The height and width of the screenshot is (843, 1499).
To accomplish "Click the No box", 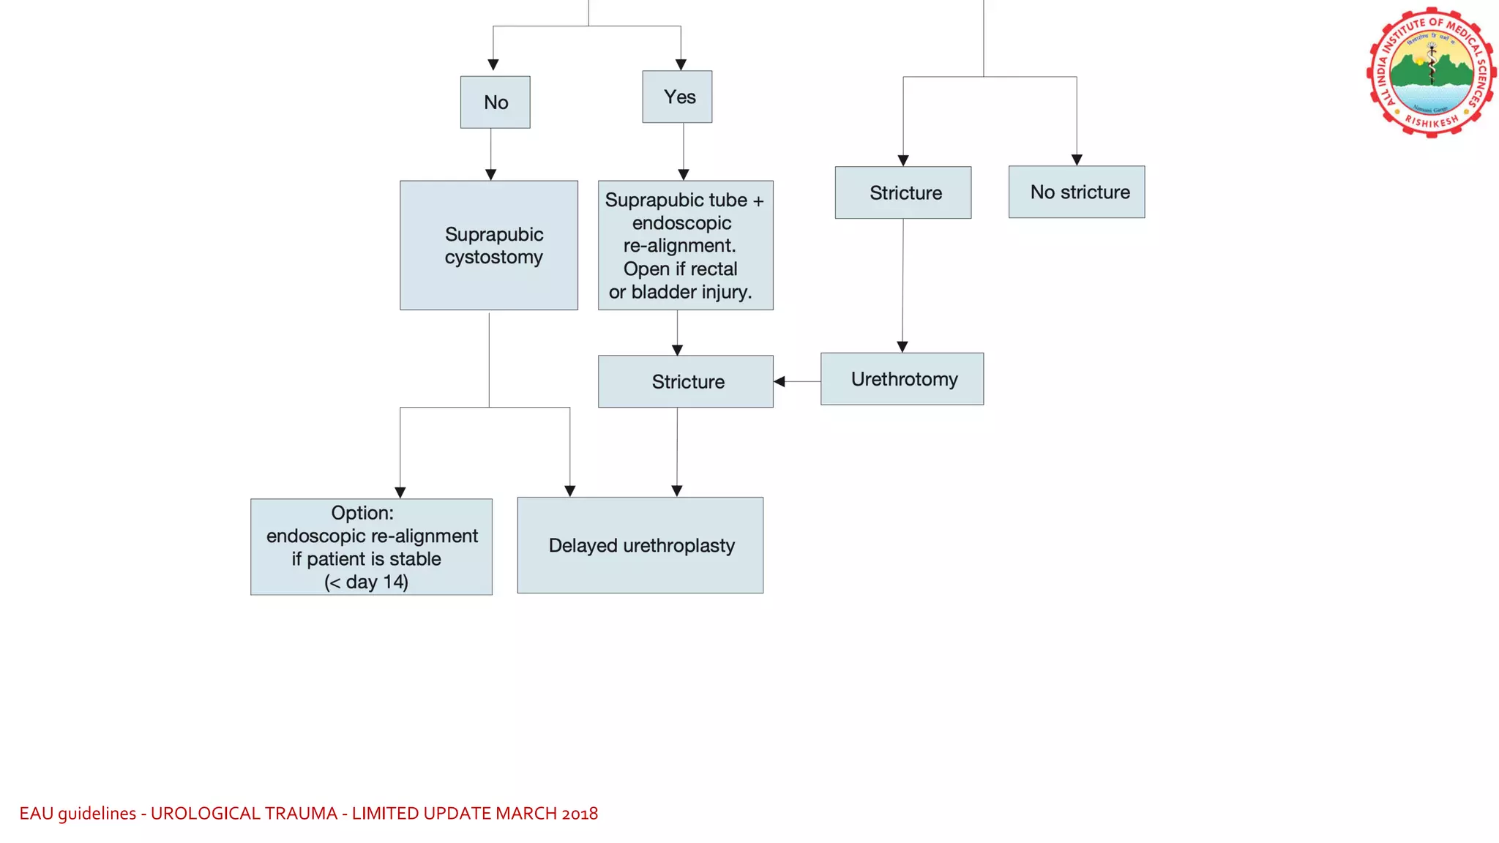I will (x=495, y=102).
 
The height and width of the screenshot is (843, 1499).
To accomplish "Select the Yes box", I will (x=677, y=97).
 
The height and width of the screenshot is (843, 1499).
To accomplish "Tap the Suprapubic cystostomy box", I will (x=488, y=245).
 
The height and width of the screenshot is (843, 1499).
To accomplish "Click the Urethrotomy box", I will (x=902, y=379).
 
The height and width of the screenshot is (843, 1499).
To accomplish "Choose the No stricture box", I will (x=1076, y=192).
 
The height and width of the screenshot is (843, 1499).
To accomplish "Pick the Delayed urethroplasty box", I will (x=640, y=545).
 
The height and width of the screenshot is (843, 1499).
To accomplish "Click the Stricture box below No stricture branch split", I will (x=902, y=192).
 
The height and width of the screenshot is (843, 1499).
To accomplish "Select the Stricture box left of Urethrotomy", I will (x=685, y=381).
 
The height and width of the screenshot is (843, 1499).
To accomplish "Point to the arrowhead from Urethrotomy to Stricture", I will (x=780, y=381).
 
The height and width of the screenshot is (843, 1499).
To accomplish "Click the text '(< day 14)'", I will (x=366, y=582).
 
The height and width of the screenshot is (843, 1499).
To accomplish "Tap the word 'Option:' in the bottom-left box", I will (x=362, y=513).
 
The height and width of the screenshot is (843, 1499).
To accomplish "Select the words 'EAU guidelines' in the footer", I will (x=78, y=813).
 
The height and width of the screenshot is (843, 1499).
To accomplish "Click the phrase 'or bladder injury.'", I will (x=680, y=292).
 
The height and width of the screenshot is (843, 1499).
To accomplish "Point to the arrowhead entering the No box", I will (x=493, y=65).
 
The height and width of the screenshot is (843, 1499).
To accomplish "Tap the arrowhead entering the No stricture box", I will (x=1077, y=160).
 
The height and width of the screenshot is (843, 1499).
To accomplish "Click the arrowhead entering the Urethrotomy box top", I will (x=902, y=347).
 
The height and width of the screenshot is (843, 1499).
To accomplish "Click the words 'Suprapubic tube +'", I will (x=684, y=200).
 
